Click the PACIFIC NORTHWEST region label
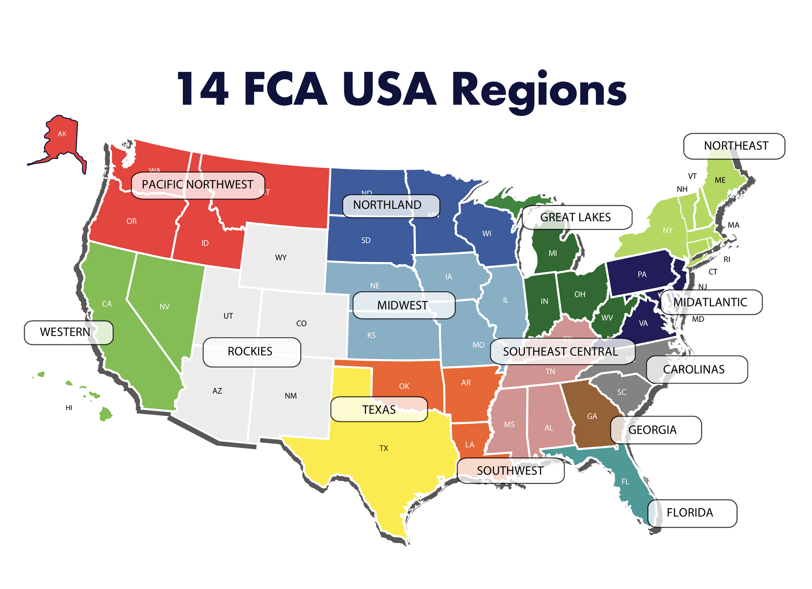tap(198, 185)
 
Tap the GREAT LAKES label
tap(576, 217)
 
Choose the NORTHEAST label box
tap(735, 146)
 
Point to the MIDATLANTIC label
tap(711, 302)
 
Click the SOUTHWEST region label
tap(510, 471)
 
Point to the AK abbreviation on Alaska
tap(62, 134)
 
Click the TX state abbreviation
tap(384, 448)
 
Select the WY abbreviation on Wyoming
tap(281, 258)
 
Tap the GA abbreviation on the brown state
tap(592, 416)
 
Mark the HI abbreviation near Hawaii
tap(69, 408)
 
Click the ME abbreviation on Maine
tap(720, 180)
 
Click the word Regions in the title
tap(539, 90)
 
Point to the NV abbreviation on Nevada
tap(165, 307)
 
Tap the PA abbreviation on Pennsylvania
tap(642, 274)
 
